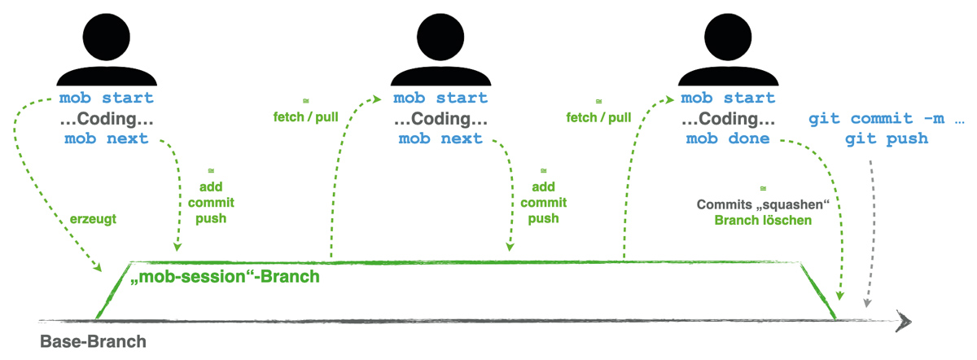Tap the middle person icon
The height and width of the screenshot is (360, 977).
pyautogui.click(x=440, y=50)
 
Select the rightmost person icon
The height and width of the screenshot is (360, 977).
pyautogui.click(x=727, y=50)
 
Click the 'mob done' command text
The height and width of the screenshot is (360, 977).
pyautogui.click(x=728, y=138)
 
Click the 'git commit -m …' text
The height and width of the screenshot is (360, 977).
pyautogui.click(x=887, y=119)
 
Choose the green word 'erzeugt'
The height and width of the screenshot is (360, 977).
pyautogui.click(x=94, y=218)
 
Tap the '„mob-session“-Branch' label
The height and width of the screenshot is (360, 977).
pyautogui.click(x=225, y=277)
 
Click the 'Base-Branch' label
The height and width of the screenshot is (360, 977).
pyautogui.click(x=94, y=340)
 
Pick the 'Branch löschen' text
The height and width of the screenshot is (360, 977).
pyautogui.click(x=763, y=220)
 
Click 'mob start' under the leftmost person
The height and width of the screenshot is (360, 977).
pyautogui.click(x=106, y=99)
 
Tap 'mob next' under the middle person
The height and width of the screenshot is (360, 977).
pyautogui.click(x=440, y=138)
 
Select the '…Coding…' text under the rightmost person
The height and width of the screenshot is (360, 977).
pyautogui.click(x=728, y=119)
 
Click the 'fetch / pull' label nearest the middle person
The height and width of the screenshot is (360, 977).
pyautogui.click(x=305, y=117)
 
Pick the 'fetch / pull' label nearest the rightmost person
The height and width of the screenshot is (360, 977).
pyautogui.click(x=598, y=117)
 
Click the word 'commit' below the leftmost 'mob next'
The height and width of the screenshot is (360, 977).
pyautogui.click(x=211, y=202)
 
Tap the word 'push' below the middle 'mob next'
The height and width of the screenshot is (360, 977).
pyautogui.click(x=543, y=218)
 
